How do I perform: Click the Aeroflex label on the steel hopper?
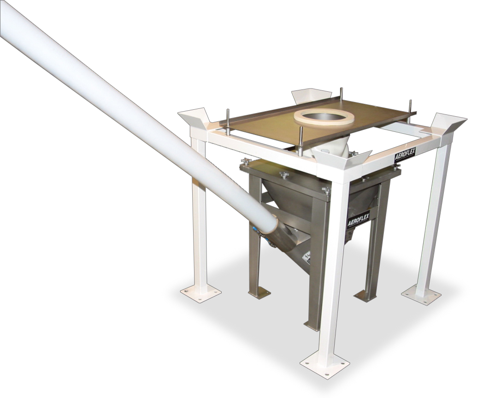point(358,220)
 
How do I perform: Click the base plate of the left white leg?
point(200,292)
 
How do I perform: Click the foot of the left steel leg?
point(259,292)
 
